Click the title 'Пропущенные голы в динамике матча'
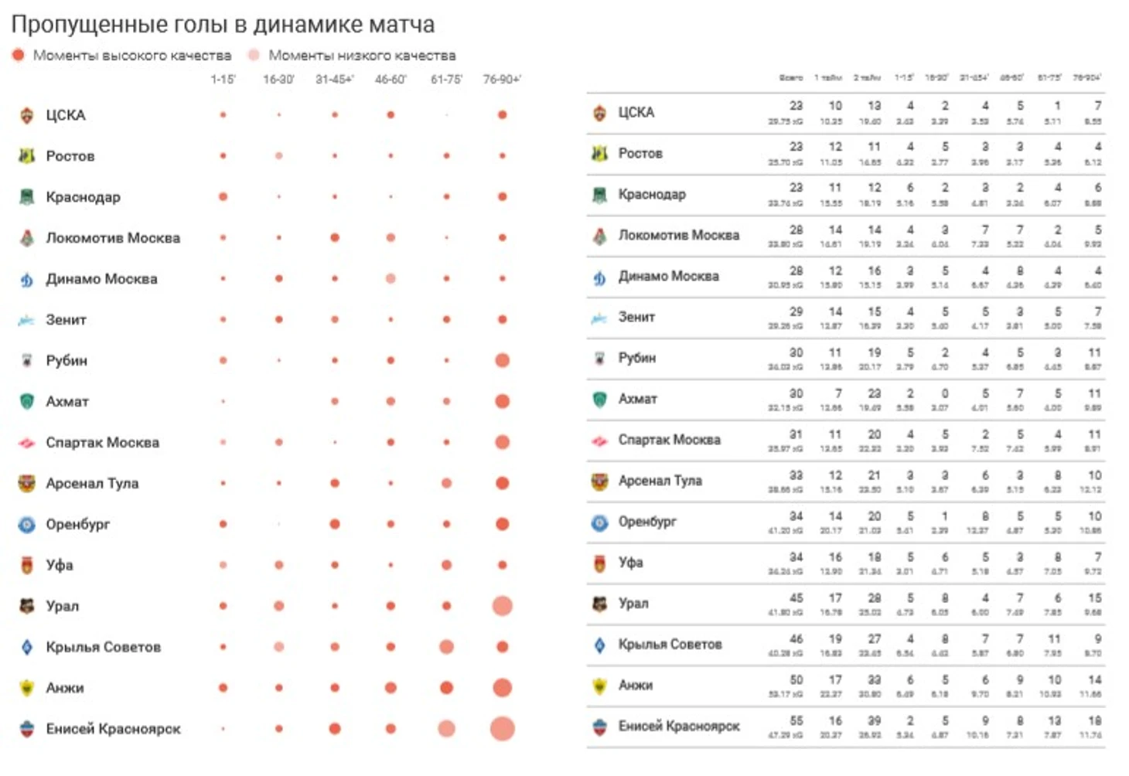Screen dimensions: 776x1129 pyautogui.click(x=223, y=25)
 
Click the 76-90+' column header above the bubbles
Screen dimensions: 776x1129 pyautogui.click(x=502, y=79)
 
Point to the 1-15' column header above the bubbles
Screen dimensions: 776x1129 pyautogui.click(x=223, y=79)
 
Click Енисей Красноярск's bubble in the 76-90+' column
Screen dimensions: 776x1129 pyautogui.click(x=502, y=728)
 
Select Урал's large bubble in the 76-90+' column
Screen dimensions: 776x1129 pyautogui.click(x=502, y=606)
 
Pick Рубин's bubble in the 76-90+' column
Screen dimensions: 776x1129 pyautogui.click(x=502, y=360)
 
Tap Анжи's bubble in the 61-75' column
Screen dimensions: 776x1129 pyautogui.click(x=446, y=688)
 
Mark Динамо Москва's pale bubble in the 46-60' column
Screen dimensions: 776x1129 pyautogui.click(x=391, y=278)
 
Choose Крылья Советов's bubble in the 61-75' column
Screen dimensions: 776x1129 pyautogui.click(x=446, y=647)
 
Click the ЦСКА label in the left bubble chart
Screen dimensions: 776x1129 pyautogui.click(x=66, y=115)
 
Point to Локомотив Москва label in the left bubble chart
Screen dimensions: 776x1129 pyautogui.click(x=113, y=238)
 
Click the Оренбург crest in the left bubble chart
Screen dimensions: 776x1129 pyautogui.click(x=27, y=525)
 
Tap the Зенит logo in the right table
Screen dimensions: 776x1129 pyautogui.click(x=599, y=318)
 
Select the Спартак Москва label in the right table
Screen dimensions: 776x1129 pyautogui.click(x=669, y=440)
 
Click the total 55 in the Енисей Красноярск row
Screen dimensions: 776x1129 pyautogui.click(x=796, y=720)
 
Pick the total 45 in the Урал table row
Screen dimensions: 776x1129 pyautogui.click(x=796, y=597)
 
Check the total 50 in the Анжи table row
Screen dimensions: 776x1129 pyautogui.click(x=796, y=679)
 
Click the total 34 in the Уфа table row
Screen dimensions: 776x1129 pyautogui.click(x=796, y=556)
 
